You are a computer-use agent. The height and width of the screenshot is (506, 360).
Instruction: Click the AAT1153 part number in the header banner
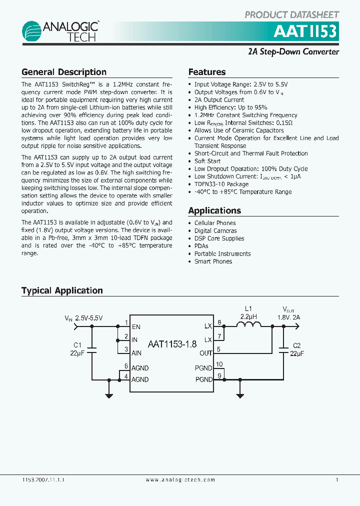(x=305, y=32)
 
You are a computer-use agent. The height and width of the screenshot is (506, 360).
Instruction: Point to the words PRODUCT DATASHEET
(x=292, y=15)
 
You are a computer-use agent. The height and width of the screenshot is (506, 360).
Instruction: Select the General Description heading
(x=64, y=72)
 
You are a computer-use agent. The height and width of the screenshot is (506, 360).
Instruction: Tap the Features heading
(x=207, y=72)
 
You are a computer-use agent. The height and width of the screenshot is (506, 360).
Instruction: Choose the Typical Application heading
(x=62, y=290)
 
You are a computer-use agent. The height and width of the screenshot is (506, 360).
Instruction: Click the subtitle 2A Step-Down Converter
(x=294, y=51)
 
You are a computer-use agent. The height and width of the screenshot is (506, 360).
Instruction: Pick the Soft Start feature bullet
(x=207, y=161)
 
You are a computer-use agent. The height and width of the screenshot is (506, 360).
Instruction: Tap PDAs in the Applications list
(x=201, y=246)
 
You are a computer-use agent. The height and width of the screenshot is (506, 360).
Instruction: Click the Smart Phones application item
(x=213, y=261)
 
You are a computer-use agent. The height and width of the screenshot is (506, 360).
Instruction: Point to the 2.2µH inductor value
(x=248, y=317)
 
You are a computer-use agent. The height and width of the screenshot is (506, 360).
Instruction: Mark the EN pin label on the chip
(x=136, y=326)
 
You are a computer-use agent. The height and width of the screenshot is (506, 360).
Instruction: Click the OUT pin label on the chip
(x=206, y=353)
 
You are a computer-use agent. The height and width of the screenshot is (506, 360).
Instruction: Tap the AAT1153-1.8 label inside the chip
(x=172, y=344)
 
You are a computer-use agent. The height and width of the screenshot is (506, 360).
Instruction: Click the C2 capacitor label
(x=296, y=345)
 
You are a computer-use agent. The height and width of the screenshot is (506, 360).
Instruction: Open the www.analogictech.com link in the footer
(x=180, y=480)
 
